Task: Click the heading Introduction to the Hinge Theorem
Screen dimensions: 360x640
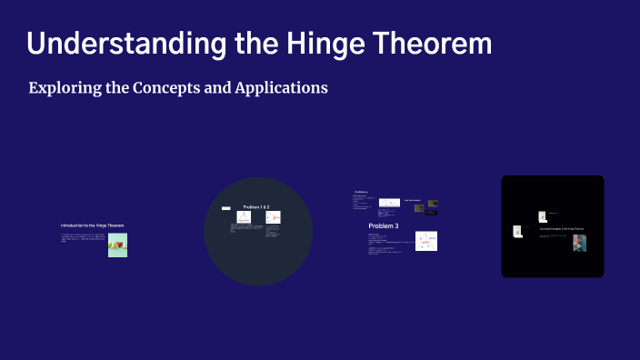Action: (92, 225)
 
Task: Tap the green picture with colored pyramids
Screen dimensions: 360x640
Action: (117, 245)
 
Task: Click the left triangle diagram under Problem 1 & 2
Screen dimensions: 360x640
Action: (244, 218)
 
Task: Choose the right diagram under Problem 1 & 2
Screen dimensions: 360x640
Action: (273, 218)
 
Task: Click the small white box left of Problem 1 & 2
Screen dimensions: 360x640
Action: (226, 208)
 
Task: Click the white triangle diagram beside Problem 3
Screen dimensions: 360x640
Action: (426, 241)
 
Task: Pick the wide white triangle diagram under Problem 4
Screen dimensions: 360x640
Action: (389, 202)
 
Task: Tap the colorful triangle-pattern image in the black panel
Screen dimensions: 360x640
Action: (579, 243)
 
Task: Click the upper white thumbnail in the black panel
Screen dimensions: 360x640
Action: (543, 216)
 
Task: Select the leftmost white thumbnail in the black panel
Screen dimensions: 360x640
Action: (516, 232)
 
